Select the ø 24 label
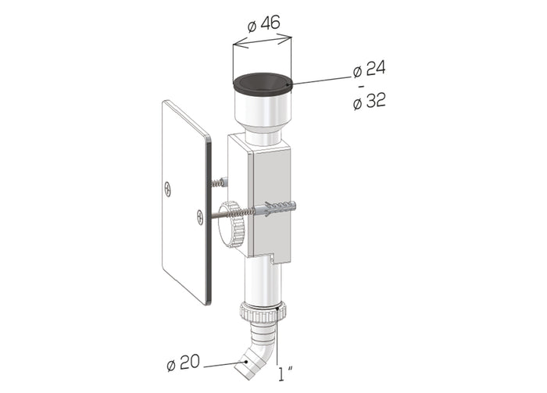click(369, 70)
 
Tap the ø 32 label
click(369, 102)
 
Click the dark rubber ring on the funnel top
click(262, 81)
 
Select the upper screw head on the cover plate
click(167, 187)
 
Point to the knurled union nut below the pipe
click(262, 313)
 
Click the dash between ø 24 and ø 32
click(358, 86)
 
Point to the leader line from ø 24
click(320, 79)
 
